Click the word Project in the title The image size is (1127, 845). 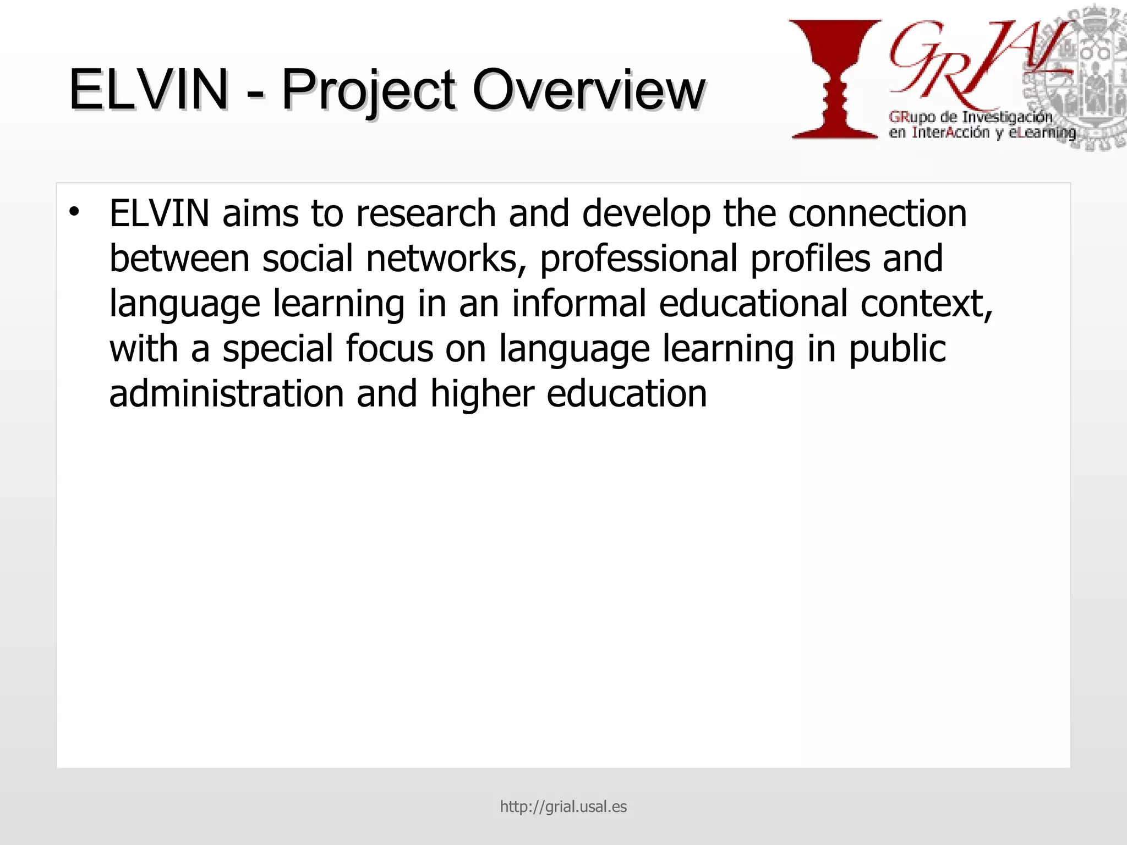pyautogui.click(x=368, y=90)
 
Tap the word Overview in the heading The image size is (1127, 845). pyautogui.click(x=588, y=89)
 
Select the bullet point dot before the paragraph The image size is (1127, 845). pyautogui.click(x=74, y=212)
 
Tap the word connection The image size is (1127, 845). pyautogui.click(x=877, y=213)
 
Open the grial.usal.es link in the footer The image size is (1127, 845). pyautogui.click(x=563, y=806)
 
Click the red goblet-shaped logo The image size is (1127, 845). pyautogui.click(x=835, y=79)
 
